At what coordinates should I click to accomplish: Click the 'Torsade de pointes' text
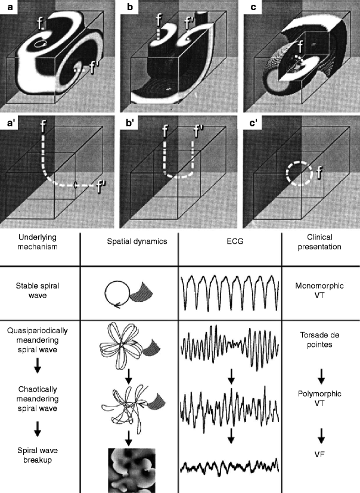point(321,340)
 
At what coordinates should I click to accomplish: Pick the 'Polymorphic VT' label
point(321,399)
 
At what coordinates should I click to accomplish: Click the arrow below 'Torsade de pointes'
point(321,376)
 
